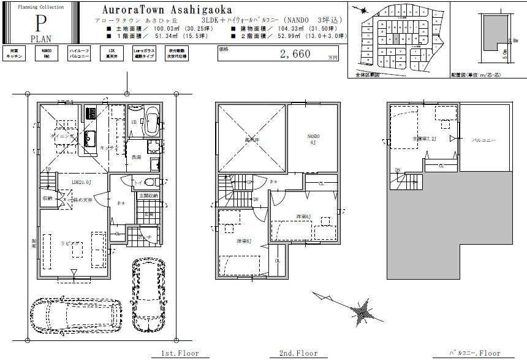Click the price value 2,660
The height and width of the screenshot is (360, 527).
tap(295, 54)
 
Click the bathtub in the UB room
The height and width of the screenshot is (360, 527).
tap(151, 122)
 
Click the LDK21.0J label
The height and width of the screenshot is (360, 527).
tap(81, 182)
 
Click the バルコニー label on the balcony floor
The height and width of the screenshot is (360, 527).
tap(483, 140)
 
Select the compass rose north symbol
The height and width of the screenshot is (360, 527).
tap(361, 311)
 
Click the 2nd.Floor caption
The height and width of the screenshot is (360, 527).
tap(298, 353)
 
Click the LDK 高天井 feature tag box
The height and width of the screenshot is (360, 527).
tap(112, 53)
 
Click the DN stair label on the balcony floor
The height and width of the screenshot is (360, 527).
tap(397, 170)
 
